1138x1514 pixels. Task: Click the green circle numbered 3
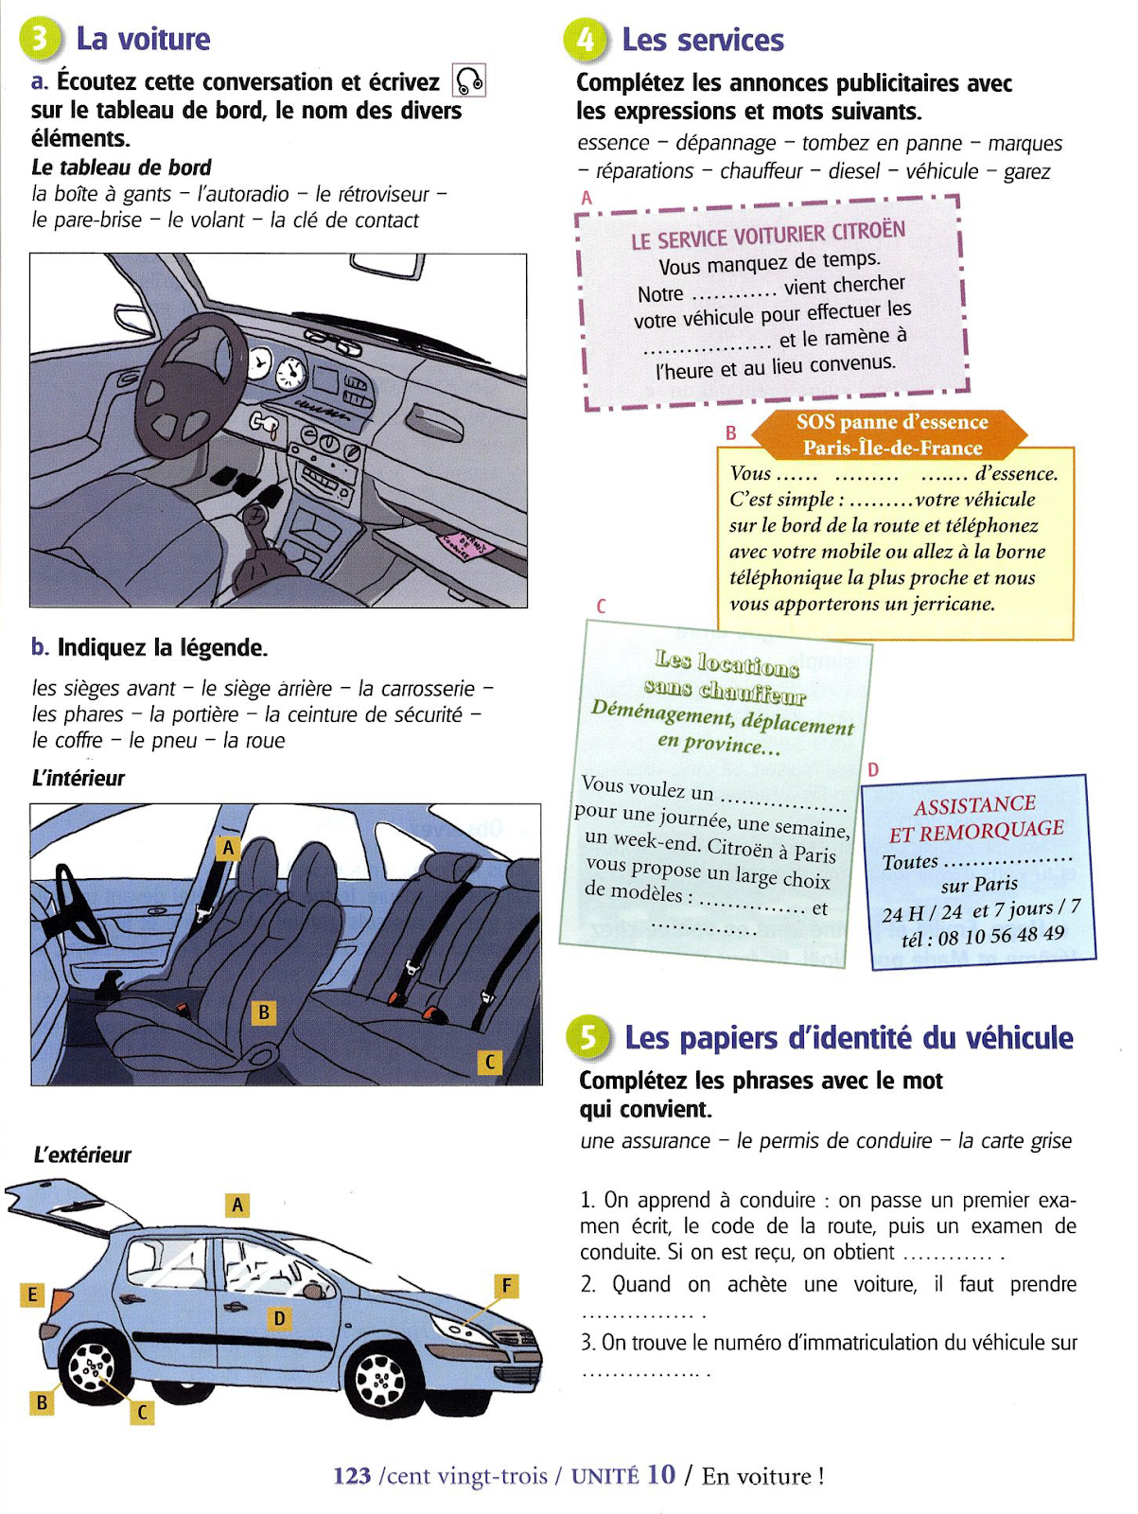40,39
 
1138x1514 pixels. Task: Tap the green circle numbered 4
585,40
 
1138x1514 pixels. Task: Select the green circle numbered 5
587,1037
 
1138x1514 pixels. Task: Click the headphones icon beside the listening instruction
469,80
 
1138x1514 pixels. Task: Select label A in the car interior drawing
228,849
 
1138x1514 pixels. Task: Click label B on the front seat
264,1012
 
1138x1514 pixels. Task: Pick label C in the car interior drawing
489,1062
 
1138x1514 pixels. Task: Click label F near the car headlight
506,1285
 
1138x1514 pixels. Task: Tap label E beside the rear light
32,1294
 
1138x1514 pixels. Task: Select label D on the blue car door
279,1317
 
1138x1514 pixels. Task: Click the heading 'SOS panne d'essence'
891,422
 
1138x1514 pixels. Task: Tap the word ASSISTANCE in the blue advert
974,805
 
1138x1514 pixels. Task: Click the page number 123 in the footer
352,1476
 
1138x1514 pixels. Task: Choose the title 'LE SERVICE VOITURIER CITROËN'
767,235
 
